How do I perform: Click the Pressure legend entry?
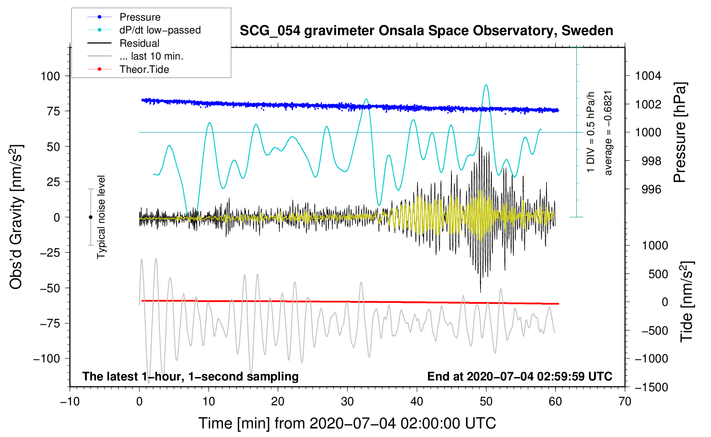(124, 17)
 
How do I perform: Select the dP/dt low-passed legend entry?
(144, 30)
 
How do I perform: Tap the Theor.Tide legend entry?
(128, 69)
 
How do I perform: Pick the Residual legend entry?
(123, 43)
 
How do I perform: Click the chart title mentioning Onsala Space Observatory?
(426, 31)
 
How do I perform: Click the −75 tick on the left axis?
(50, 323)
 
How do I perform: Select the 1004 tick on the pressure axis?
(648, 76)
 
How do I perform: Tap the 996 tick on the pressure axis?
(651, 189)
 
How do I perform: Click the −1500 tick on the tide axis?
(651, 387)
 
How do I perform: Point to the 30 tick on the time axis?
(347, 401)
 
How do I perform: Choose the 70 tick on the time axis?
(624, 401)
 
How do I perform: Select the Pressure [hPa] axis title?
(680, 132)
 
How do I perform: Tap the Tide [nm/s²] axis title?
(687, 302)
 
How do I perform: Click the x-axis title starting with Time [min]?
(347, 423)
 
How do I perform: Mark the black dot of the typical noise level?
(90, 217)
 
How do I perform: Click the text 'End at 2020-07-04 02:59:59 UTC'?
(520, 376)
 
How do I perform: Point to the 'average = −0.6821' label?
(607, 133)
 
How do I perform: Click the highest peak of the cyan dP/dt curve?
(486, 85)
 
